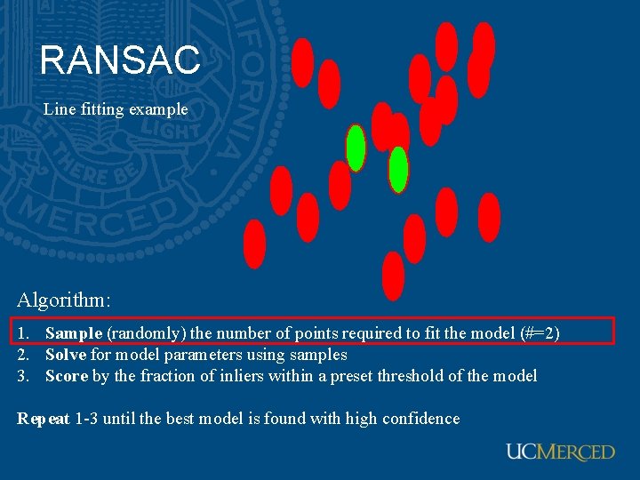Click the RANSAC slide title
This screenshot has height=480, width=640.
pyautogui.click(x=120, y=60)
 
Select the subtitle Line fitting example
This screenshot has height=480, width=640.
pyautogui.click(x=116, y=109)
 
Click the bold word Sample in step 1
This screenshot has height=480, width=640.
pyautogui.click(x=74, y=333)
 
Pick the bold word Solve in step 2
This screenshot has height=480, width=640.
pyautogui.click(x=66, y=355)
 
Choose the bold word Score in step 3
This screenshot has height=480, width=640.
pyautogui.click(x=67, y=376)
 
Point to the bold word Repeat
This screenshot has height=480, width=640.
pyautogui.click(x=44, y=419)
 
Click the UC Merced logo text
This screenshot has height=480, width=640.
pyautogui.click(x=560, y=452)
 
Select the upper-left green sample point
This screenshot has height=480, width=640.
pyautogui.click(x=356, y=148)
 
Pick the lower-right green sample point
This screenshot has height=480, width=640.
pyautogui.click(x=398, y=169)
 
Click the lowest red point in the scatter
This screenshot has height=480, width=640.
pyautogui.click(x=393, y=276)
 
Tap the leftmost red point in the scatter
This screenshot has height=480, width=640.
pyautogui.click(x=255, y=244)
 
